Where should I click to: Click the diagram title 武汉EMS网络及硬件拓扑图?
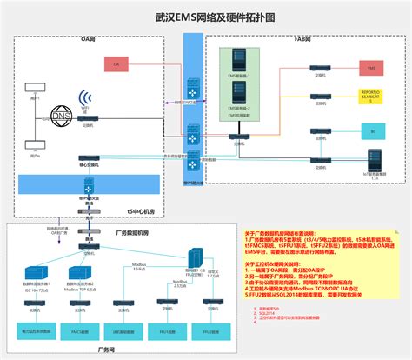coord(205,16)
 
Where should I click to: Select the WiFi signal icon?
coord(85,99)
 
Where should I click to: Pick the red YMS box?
coord(371,66)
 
